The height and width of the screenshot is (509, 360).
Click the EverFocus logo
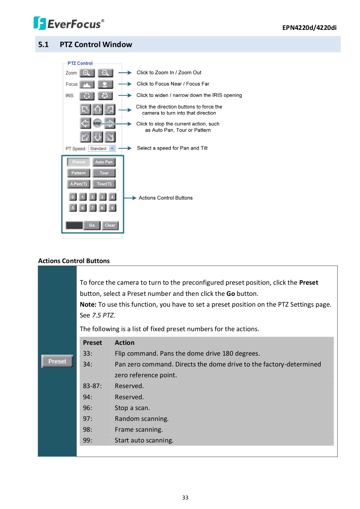tap(69, 23)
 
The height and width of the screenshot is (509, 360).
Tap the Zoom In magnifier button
tap(87, 73)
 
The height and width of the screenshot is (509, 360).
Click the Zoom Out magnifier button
tap(105, 73)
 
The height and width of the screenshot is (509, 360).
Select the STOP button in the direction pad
tap(97, 123)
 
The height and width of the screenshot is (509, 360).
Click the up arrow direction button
tap(98, 110)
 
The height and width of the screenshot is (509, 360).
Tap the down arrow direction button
tap(98, 137)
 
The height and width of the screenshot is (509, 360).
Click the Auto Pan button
tap(104, 162)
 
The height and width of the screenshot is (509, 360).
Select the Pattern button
tap(79, 173)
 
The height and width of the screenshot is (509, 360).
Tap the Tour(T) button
tap(104, 184)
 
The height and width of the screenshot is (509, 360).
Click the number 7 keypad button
tap(92, 208)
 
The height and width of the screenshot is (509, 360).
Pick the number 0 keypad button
tap(73, 197)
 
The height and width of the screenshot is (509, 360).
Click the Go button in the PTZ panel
tap(92, 225)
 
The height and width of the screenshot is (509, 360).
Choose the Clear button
tap(110, 225)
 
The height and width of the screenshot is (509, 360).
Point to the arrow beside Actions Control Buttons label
tap(130, 198)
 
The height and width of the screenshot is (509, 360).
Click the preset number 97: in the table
tap(87, 419)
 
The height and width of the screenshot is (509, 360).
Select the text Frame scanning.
tap(139, 429)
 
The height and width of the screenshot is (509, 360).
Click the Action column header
tap(125, 343)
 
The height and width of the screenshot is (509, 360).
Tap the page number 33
tap(185, 498)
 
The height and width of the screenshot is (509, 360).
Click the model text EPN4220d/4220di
tap(309, 28)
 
